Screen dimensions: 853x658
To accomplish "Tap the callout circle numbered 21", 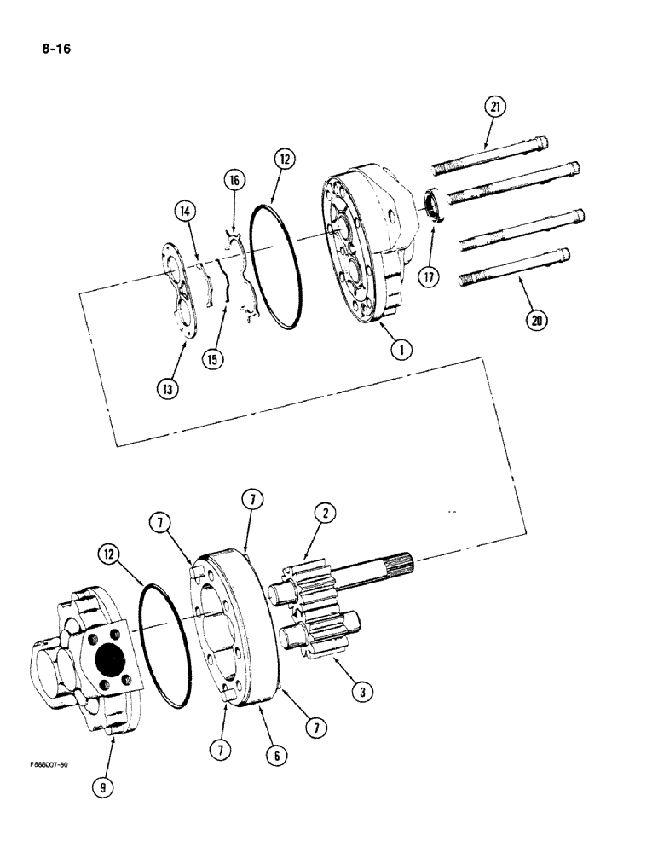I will coord(494,107).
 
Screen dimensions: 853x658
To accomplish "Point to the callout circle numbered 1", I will coord(397,350).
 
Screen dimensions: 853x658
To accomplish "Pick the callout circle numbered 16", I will coord(234,180).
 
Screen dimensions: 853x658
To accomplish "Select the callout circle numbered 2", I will coord(324,513).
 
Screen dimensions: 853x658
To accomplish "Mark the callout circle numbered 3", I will coord(363,692).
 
